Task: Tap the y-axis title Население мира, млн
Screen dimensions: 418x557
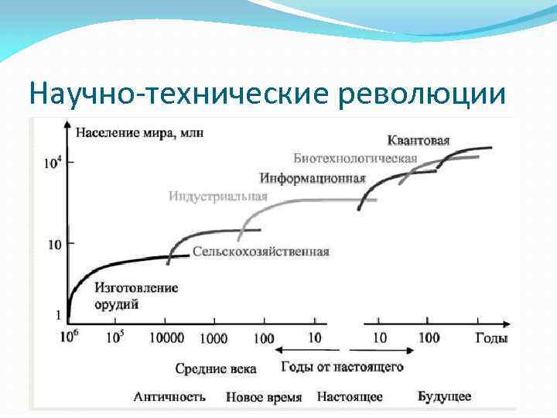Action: [x=139, y=132]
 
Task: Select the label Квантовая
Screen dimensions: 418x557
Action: [x=419, y=141]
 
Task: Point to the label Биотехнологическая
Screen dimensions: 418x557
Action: [x=355, y=159]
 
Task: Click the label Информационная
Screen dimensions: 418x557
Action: [x=313, y=178]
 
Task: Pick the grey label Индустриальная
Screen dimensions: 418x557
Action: [x=218, y=196]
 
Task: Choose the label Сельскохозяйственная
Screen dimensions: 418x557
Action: [x=261, y=252]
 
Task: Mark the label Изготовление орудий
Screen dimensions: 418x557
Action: [x=135, y=296]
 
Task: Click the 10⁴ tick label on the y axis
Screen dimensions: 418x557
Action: [x=52, y=163]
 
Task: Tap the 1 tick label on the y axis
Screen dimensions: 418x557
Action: [x=57, y=316]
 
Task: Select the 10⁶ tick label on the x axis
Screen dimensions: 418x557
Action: [x=68, y=337]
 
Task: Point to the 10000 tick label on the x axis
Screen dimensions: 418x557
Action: [x=166, y=338]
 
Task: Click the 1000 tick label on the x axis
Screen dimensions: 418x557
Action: [x=213, y=338]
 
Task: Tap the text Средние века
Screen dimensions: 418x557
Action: [x=215, y=368]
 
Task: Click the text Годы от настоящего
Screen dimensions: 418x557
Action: [x=341, y=367]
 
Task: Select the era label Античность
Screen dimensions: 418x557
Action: [x=169, y=397]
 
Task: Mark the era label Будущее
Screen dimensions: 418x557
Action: [x=444, y=397]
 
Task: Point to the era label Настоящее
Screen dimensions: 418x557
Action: [x=350, y=397]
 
